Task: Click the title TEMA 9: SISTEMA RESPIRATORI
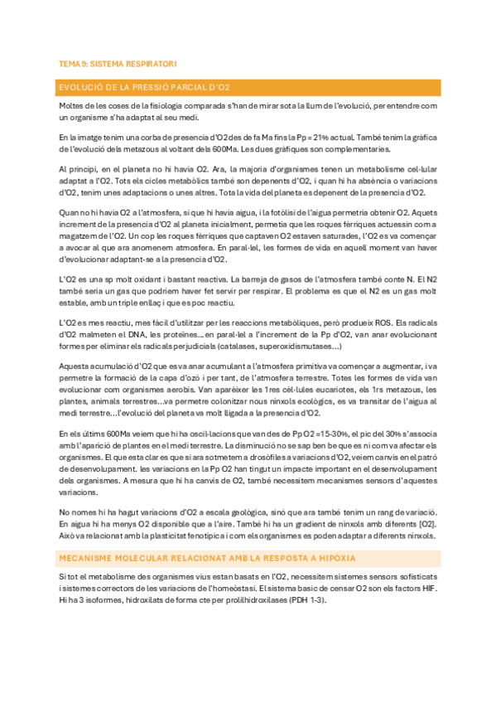click(117, 63)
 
